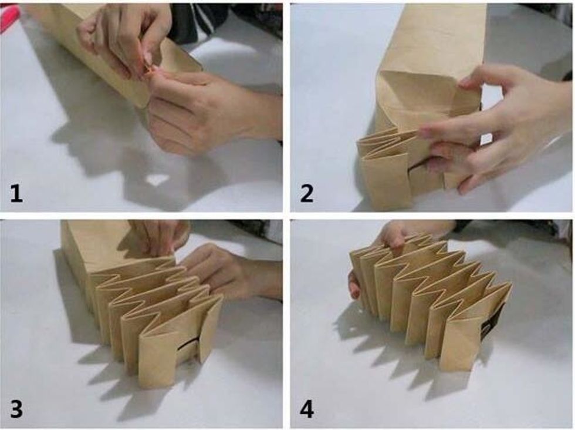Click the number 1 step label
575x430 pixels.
(x=16, y=193)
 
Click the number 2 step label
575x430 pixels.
(x=306, y=193)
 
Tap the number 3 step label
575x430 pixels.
(x=16, y=409)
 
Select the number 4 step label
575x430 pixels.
(x=307, y=409)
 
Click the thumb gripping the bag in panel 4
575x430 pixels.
(x=354, y=284)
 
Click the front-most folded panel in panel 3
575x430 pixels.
(x=158, y=356)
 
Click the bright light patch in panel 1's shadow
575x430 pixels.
(x=157, y=180)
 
